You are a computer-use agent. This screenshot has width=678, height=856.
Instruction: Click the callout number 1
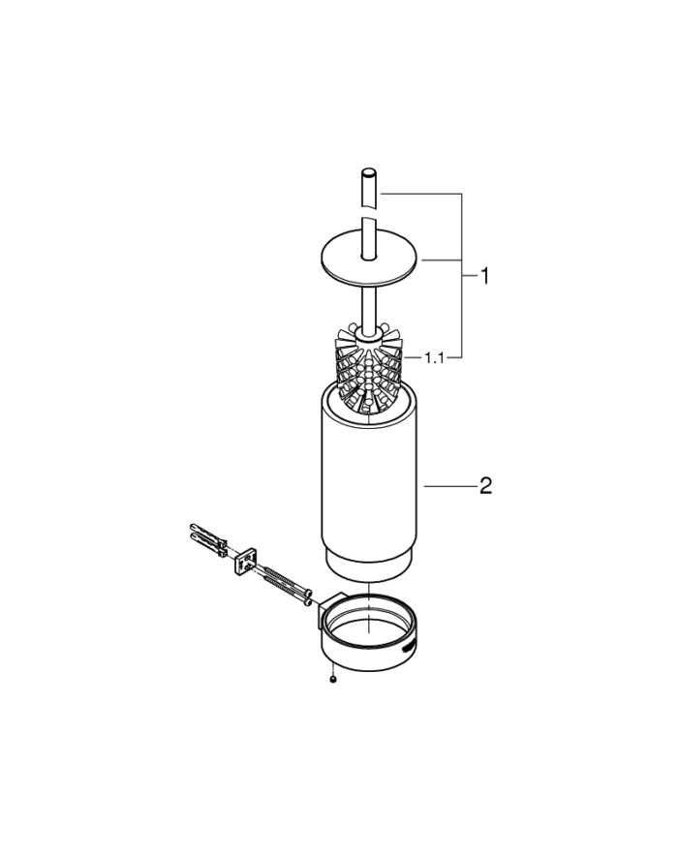point(484,277)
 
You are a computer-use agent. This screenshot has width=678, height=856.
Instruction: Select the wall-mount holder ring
point(373,634)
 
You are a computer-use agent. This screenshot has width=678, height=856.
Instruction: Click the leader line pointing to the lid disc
point(441,260)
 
